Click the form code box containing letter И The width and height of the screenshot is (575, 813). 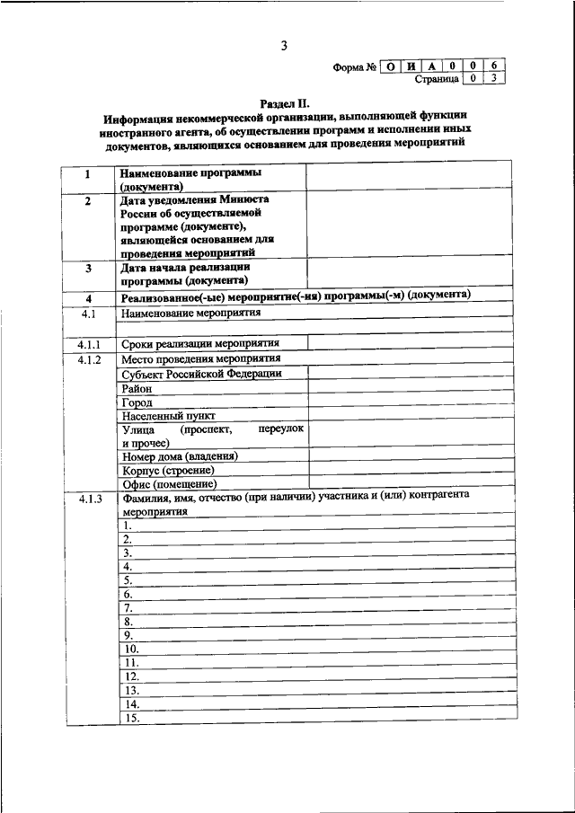tap(411, 65)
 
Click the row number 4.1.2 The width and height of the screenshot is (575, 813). tap(88, 359)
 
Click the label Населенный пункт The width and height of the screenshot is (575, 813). tap(168, 417)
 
